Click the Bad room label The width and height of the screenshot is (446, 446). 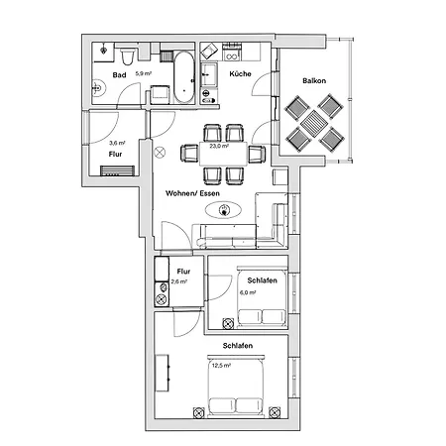pyautogui.click(x=118, y=74)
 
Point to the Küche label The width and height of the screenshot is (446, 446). pyautogui.click(x=239, y=74)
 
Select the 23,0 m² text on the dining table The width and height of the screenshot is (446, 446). pyautogui.click(x=219, y=147)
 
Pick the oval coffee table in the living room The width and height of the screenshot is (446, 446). pyautogui.click(x=225, y=210)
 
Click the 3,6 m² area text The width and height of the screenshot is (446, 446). pyautogui.click(x=116, y=143)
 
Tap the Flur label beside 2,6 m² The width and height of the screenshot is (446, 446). pyautogui.click(x=183, y=271)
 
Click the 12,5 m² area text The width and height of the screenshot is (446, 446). pyautogui.click(x=220, y=366)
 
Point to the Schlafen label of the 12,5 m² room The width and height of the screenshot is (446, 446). pyautogui.click(x=237, y=344)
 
